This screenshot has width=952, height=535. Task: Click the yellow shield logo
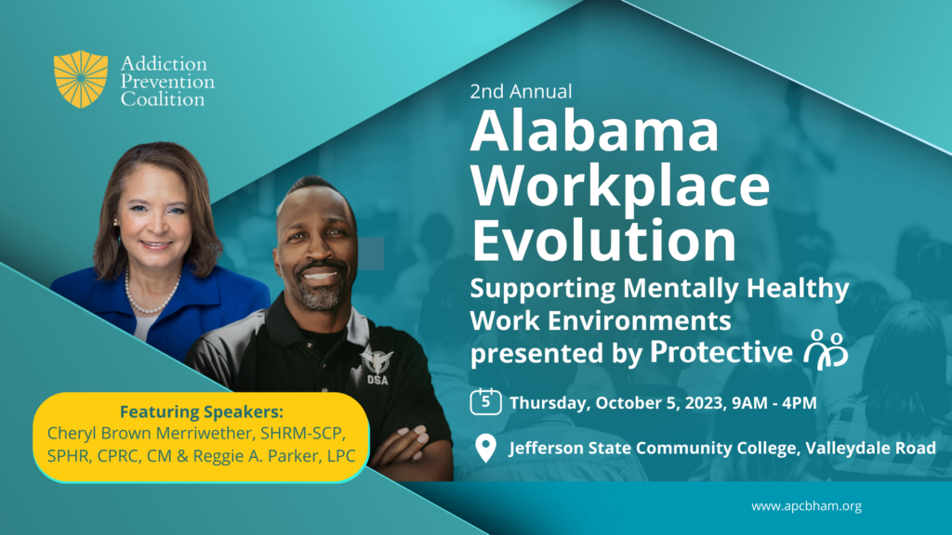coord(81,79)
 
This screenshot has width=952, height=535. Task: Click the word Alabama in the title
coord(594,131)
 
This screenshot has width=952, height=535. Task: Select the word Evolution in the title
coord(603,241)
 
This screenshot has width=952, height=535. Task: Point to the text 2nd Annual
coord(521,92)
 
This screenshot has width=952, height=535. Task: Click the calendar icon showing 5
coord(485,401)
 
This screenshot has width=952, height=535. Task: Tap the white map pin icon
coord(485,449)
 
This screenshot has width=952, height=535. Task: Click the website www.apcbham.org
coord(806,506)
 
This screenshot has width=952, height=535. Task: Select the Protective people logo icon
coord(826,350)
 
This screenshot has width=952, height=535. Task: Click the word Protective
coord(721,352)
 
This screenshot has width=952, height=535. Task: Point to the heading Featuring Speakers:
coord(202,411)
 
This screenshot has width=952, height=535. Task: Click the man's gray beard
coord(321,293)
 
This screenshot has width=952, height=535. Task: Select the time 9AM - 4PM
coord(774,403)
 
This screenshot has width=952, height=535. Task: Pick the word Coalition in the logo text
coord(163,99)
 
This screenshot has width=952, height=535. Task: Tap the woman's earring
coord(116,224)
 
